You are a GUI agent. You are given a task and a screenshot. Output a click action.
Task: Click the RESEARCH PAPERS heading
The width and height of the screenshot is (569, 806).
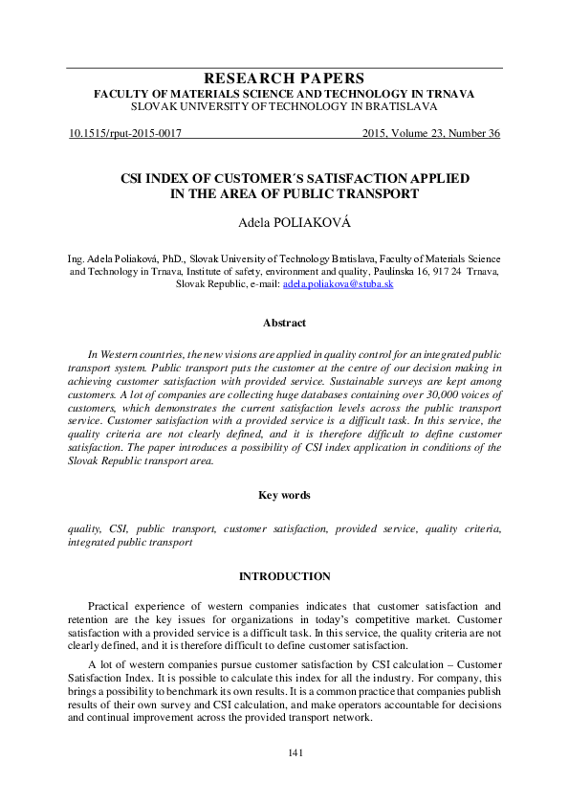(284, 78)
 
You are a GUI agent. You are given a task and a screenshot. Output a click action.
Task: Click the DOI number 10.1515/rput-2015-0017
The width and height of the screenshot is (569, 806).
(125, 134)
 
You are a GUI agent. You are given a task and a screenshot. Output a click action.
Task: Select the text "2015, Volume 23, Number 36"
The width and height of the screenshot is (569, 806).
(431, 134)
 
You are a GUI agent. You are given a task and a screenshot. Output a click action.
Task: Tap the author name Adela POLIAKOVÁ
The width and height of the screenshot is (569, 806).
(284, 222)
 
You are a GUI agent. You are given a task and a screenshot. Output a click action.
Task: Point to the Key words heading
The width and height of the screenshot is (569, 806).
(284, 495)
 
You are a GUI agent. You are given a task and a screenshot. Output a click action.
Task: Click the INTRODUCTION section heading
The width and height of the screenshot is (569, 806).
(284, 576)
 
